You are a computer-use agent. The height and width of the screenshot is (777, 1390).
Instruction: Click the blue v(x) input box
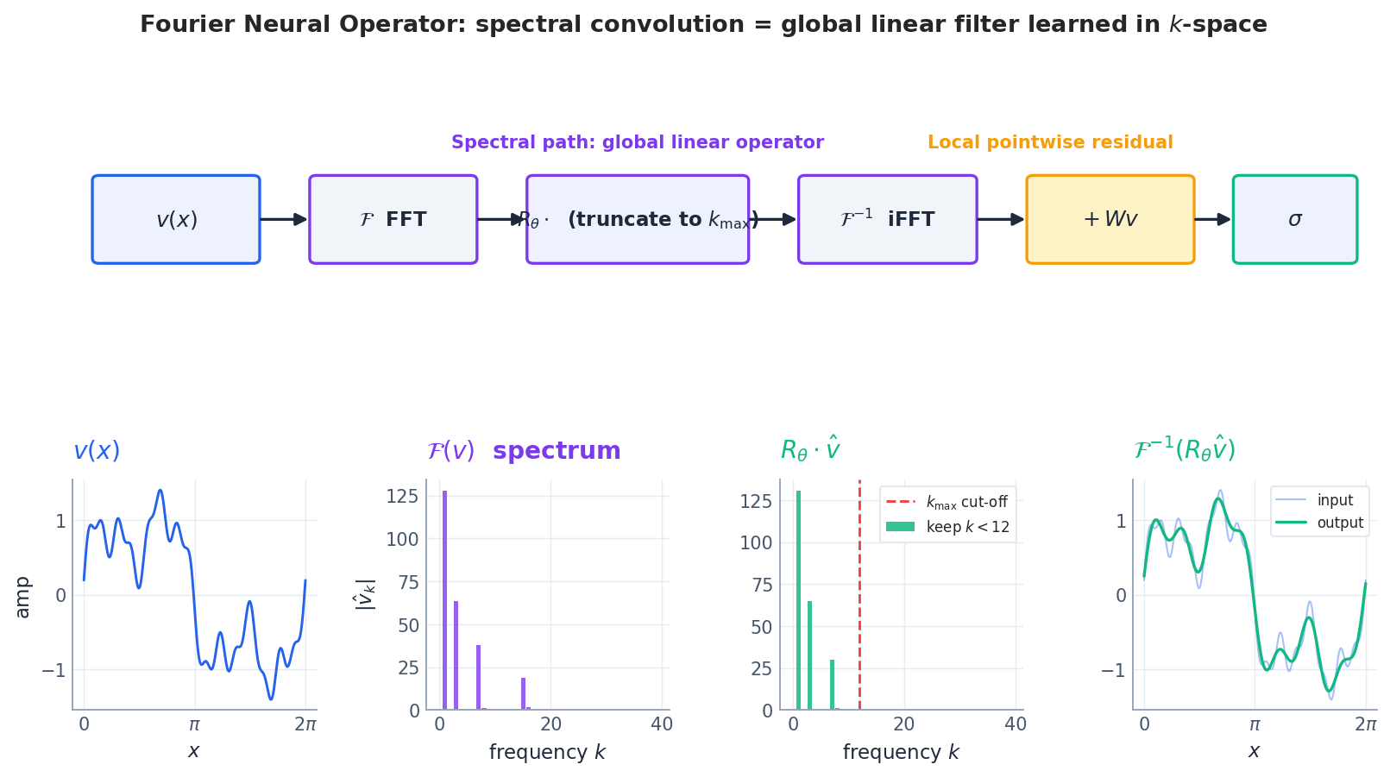point(176,220)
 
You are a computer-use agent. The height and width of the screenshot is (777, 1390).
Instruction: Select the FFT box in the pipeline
point(393,220)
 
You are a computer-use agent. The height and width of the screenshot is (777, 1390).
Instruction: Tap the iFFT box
point(887,220)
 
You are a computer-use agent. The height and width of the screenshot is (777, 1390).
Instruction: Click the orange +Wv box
point(1110,220)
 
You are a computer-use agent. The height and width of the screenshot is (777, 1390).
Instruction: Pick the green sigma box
point(1294,220)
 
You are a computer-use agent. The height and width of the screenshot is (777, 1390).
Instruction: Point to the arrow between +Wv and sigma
point(1213,220)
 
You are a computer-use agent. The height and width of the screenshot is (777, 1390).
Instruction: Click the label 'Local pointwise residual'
point(1050,143)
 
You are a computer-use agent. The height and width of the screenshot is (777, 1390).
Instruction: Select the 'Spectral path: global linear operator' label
point(637,143)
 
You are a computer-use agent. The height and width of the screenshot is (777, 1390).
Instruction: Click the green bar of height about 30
point(832,685)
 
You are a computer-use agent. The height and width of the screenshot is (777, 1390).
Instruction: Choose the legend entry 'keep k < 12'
point(947,527)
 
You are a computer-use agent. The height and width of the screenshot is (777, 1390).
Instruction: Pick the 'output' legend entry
point(1320,523)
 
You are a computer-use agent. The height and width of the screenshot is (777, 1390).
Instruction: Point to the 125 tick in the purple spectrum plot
point(402,497)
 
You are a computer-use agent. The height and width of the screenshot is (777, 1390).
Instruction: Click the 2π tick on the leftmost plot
point(305,725)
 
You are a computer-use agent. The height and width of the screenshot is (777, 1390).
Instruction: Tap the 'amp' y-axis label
point(22,597)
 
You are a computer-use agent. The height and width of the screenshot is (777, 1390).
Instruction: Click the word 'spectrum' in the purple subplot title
point(557,451)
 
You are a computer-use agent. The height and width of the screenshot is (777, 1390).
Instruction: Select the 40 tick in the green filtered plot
point(1016,725)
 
